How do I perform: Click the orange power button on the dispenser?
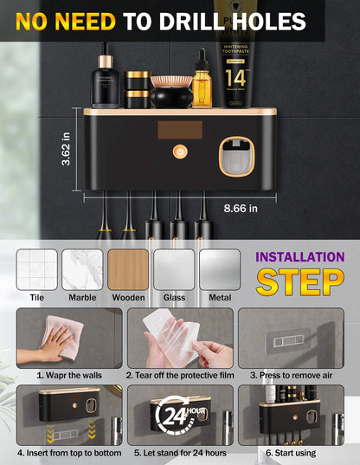coord(180,152)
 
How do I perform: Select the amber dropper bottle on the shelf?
coord(202,85)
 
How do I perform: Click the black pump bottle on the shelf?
coord(106,79)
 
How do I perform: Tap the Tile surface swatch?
coord(36,269)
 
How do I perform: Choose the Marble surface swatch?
coord(82,269)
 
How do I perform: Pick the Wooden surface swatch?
coord(128,269)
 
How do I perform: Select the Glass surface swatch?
coord(174,269)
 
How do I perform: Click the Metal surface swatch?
coord(220,269)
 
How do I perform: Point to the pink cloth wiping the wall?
coord(63,338)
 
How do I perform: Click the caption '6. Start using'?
coord(290,452)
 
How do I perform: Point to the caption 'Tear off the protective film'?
coord(179,375)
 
